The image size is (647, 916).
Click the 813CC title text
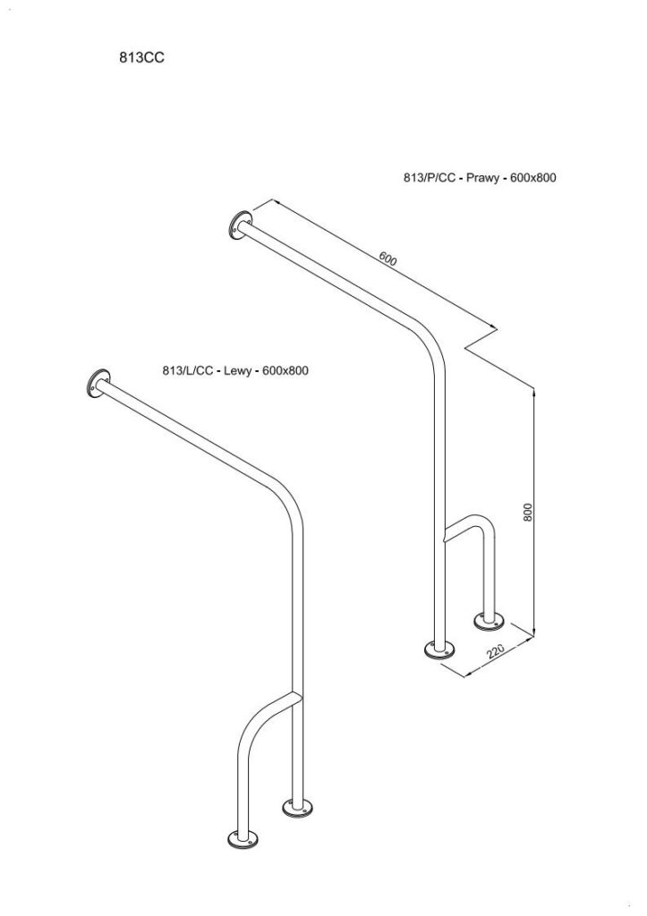tap(142, 57)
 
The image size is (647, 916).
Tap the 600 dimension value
tap(387, 259)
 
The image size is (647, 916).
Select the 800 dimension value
tap(528, 512)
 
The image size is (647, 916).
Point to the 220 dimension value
tap(495, 651)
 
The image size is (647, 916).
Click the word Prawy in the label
tap(482, 178)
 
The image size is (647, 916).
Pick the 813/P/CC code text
tap(429, 178)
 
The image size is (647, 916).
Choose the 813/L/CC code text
tap(188, 370)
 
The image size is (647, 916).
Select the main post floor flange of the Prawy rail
tap(439, 649)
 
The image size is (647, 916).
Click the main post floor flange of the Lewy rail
tap(297, 808)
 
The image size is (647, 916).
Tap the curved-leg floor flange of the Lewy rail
tap(243, 839)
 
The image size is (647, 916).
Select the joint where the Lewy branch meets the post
tap(295, 696)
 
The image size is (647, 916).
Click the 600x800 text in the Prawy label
tap(533, 178)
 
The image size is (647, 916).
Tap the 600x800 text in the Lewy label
tap(285, 370)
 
